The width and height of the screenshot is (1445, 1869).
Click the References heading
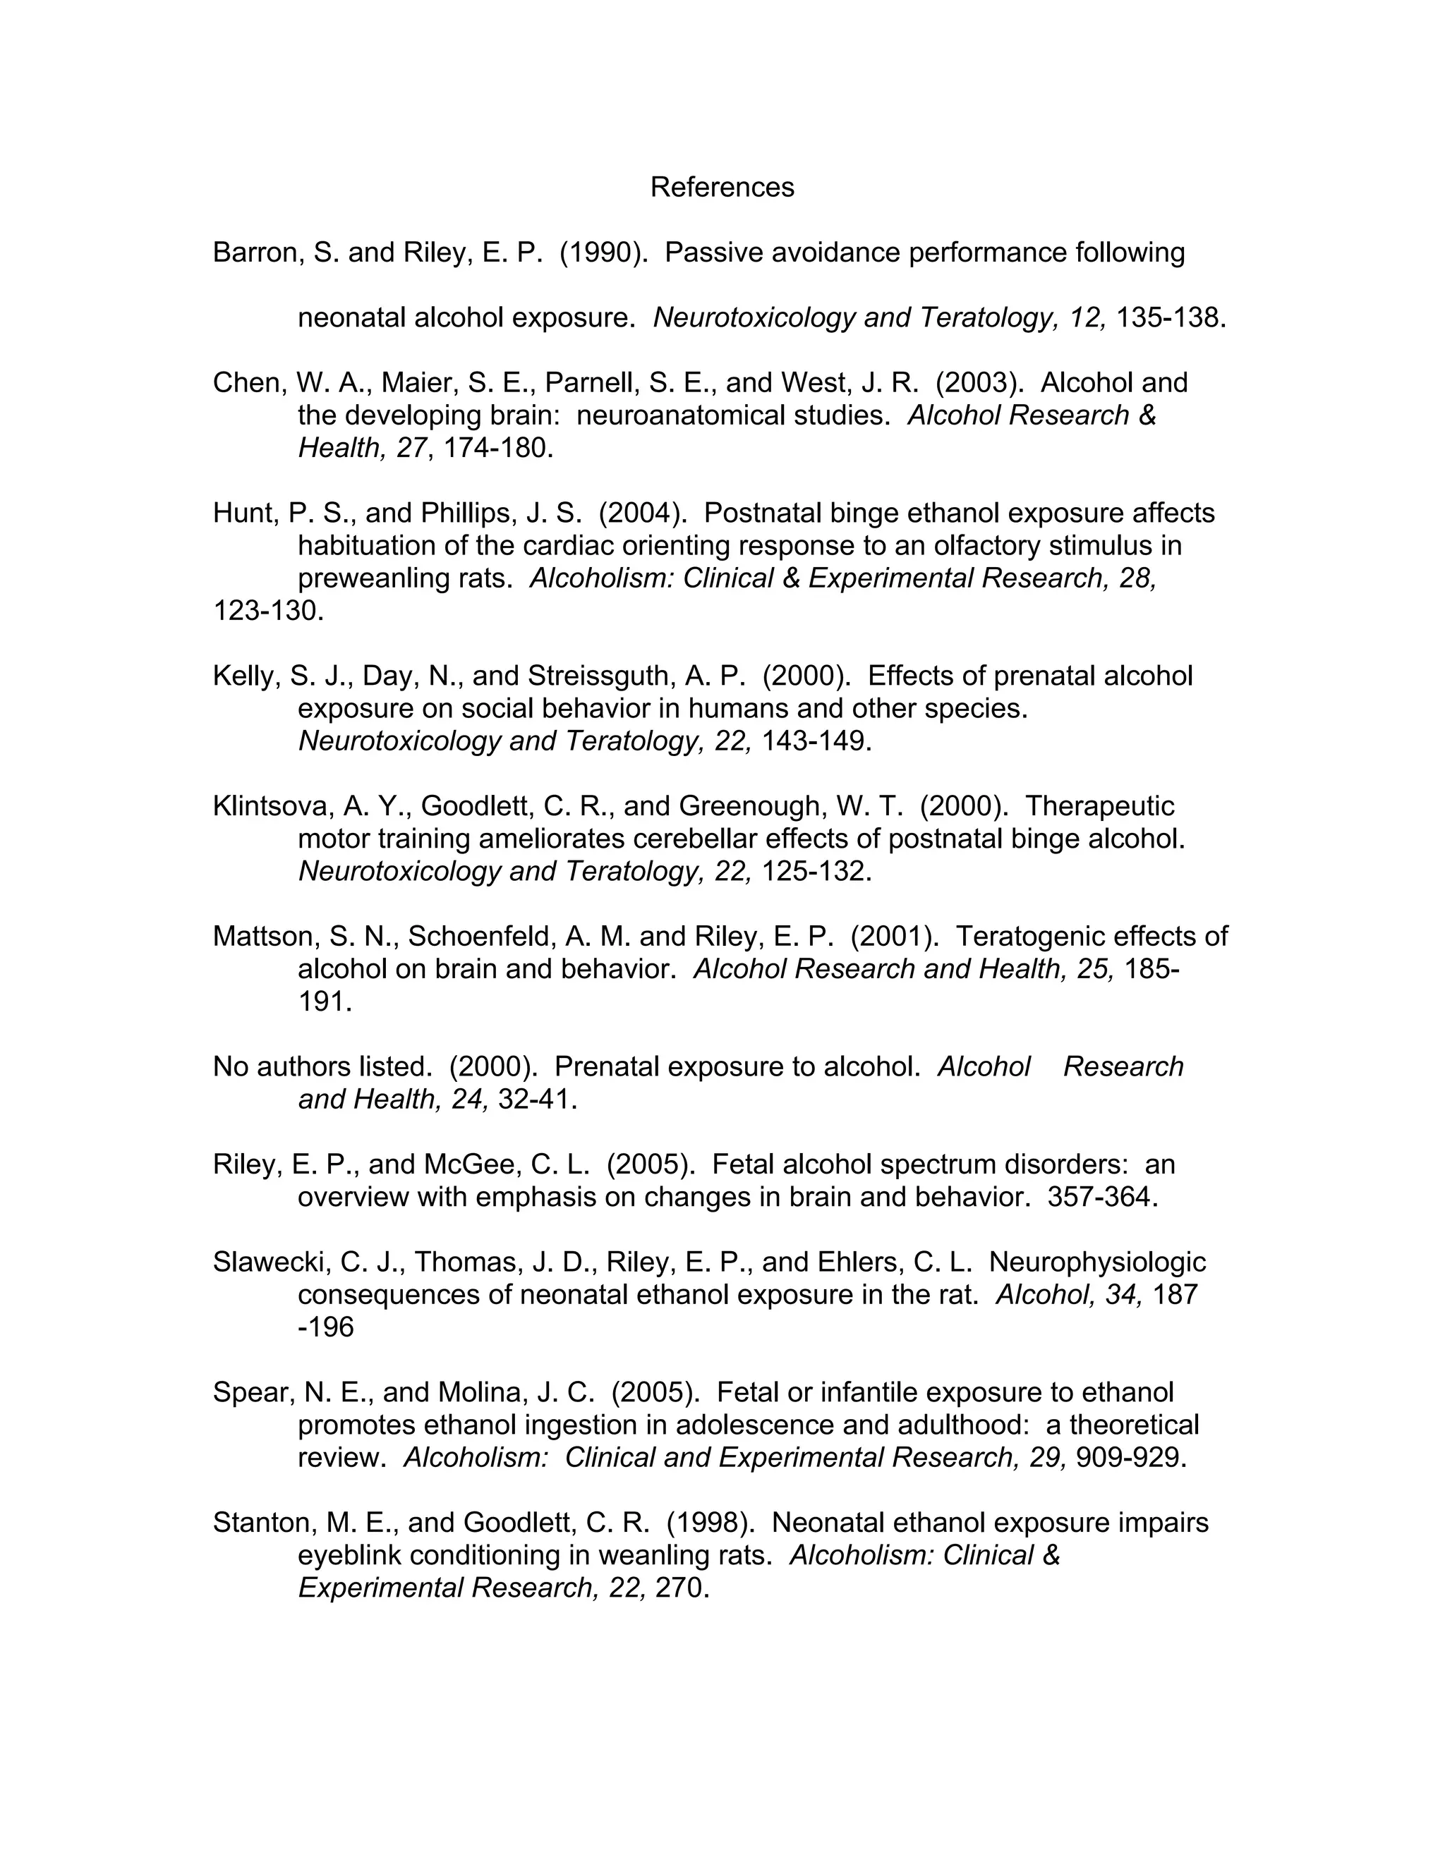click(x=722, y=188)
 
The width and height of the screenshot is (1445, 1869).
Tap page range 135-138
click(x=1171, y=317)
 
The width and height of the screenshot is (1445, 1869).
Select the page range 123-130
click(x=268, y=611)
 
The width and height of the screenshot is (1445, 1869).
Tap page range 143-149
click(x=816, y=741)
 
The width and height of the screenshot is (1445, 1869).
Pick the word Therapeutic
click(x=1099, y=806)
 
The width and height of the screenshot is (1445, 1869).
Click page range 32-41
click(x=537, y=1100)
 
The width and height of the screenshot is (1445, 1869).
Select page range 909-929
click(x=1130, y=1457)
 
